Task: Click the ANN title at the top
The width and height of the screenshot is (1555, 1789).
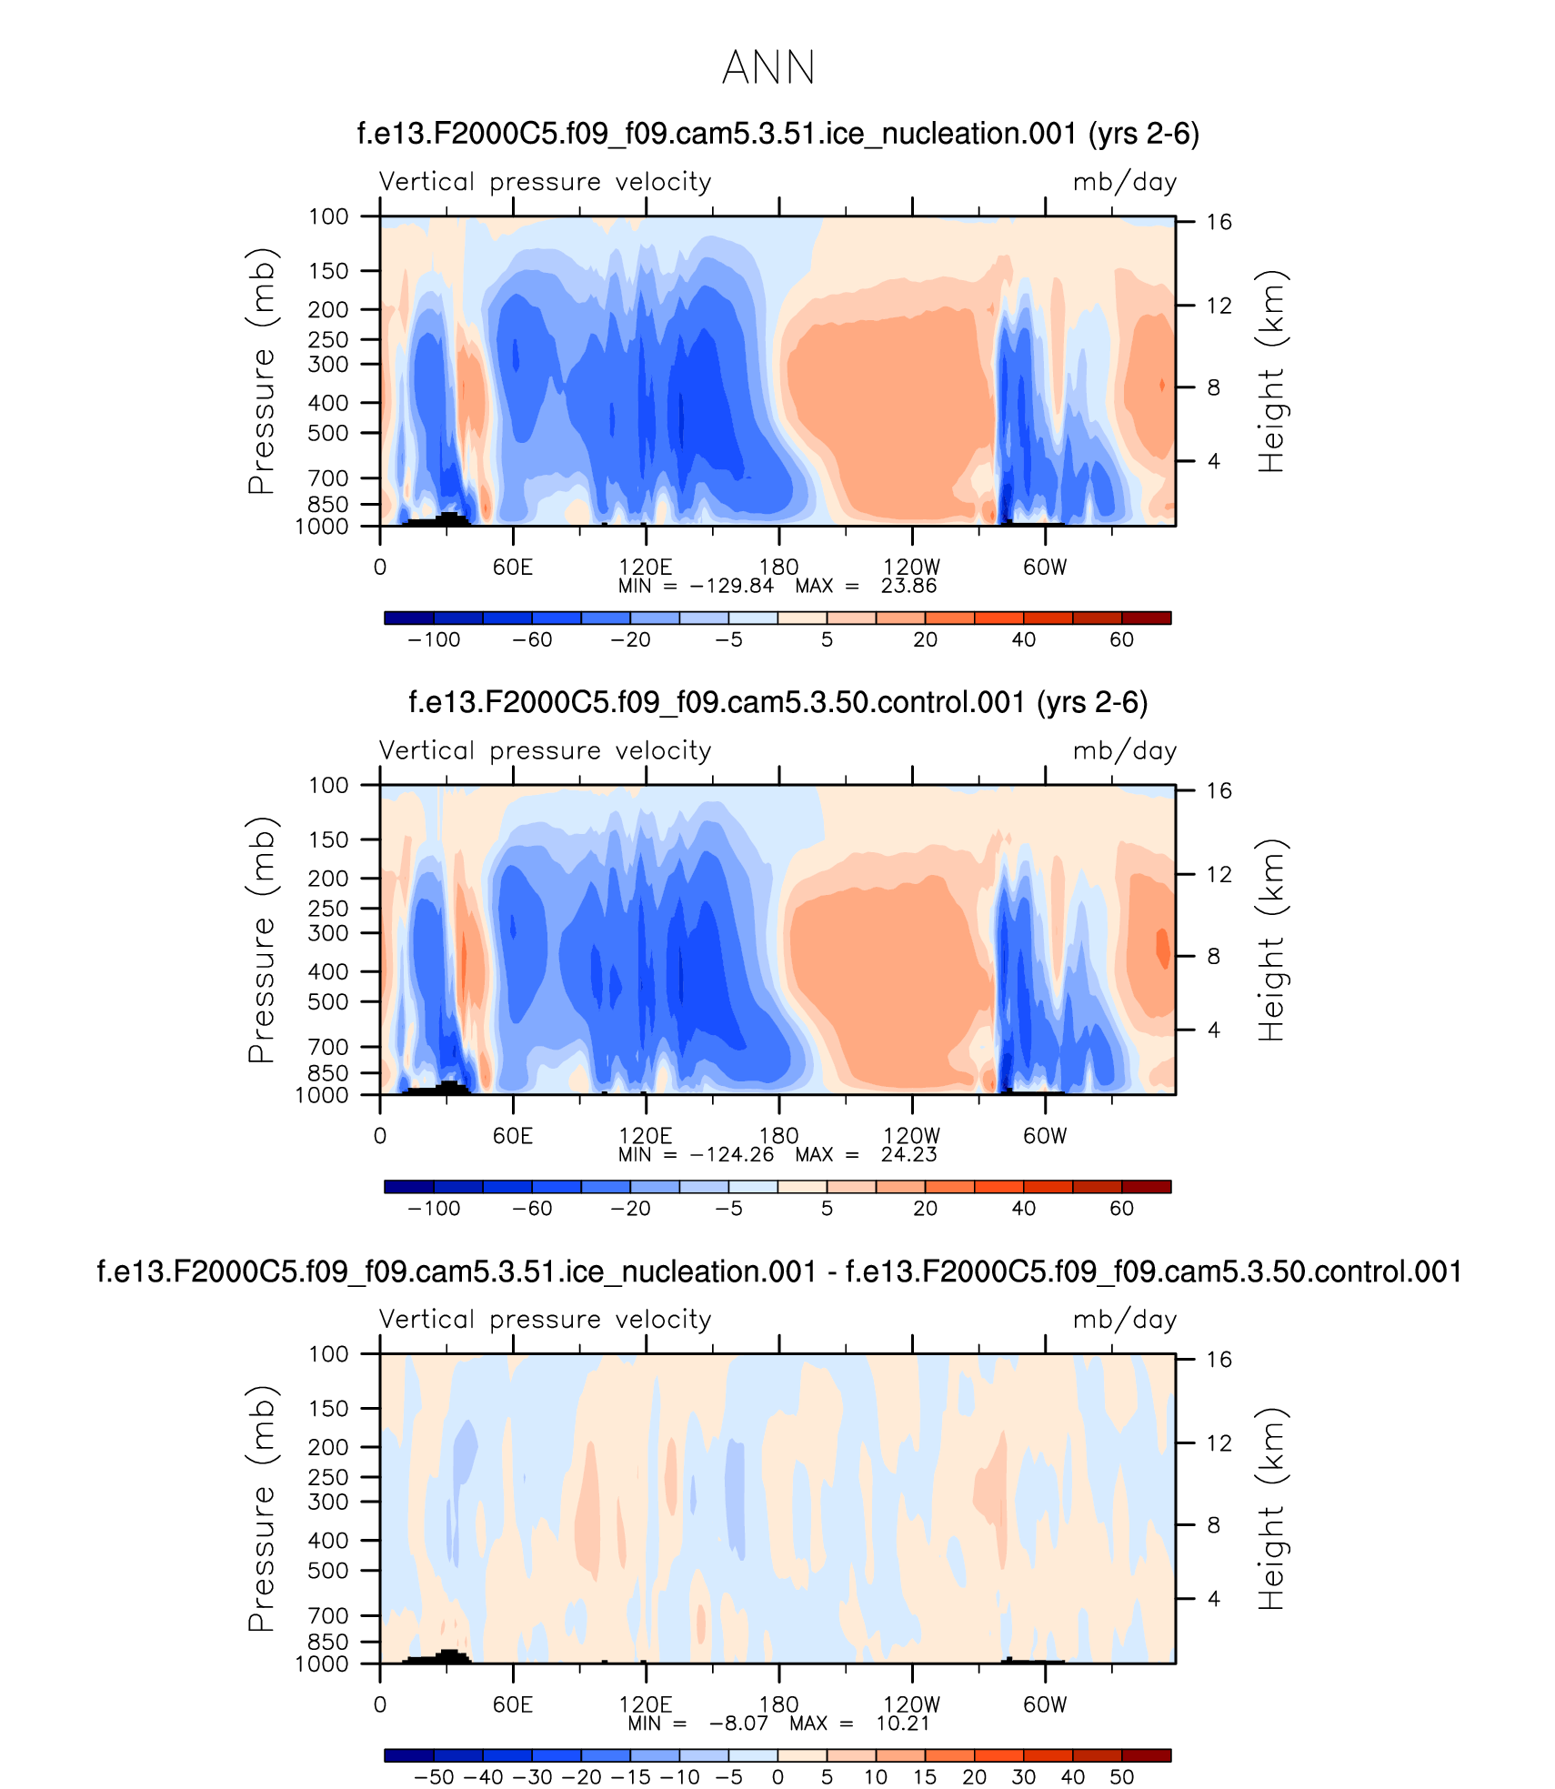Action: (768, 68)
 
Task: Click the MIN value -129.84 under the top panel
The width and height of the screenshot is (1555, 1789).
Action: (732, 587)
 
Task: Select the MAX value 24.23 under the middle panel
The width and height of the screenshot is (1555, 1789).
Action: (908, 1155)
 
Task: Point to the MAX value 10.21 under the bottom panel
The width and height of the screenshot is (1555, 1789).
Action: (903, 1724)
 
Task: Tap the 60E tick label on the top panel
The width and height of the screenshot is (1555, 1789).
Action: (513, 568)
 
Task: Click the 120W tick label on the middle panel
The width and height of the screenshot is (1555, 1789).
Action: (911, 1136)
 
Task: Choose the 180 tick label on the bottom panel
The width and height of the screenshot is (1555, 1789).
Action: (778, 1704)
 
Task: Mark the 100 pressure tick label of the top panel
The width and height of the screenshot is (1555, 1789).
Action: (328, 216)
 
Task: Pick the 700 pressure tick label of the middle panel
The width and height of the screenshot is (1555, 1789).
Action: (328, 1047)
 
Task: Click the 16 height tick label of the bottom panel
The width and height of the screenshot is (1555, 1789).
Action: (1219, 1360)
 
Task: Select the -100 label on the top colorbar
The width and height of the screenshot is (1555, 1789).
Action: (434, 640)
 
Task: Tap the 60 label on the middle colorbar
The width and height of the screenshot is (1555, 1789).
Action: (1121, 1209)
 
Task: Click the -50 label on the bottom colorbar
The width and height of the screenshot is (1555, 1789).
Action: (434, 1777)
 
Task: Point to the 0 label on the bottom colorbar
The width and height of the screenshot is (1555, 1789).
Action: (777, 1777)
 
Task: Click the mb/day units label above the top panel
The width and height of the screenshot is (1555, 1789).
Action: (1125, 183)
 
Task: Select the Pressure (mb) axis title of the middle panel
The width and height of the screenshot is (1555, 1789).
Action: (262, 940)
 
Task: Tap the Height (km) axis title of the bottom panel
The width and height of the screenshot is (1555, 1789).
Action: (1272, 1509)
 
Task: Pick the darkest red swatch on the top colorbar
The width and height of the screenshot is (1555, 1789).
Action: (1146, 618)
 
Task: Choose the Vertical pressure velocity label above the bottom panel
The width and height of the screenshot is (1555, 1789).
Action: (545, 1320)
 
